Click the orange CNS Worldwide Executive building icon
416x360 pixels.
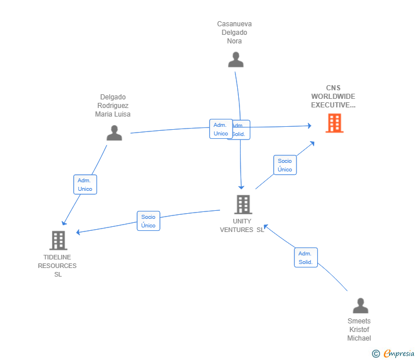click(x=334, y=123)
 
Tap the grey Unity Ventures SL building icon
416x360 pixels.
click(x=243, y=205)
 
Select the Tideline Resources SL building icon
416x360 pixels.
click(x=58, y=241)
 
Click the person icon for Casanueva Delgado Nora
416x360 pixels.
click(x=235, y=59)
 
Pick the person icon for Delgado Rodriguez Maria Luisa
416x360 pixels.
click(x=114, y=133)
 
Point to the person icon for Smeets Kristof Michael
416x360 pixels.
click(x=360, y=306)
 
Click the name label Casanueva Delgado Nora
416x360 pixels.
click(x=234, y=33)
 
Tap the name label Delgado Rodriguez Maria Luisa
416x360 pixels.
click(x=113, y=106)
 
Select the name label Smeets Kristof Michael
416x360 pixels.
click(x=359, y=330)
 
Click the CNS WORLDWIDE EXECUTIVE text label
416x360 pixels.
click(x=333, y=97)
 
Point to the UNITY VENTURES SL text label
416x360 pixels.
click(x=242, y=226)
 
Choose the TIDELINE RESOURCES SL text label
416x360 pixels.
click(x=57, y=266)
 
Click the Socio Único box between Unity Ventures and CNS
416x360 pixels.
click(x=285, y=165)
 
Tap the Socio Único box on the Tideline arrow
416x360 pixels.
click(x=149, y=221)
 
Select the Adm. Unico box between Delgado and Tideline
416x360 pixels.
click(x=85, y=185)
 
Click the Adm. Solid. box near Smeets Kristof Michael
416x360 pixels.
click(x=305, y=258)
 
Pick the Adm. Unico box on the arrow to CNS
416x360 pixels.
click(x=220, y=129)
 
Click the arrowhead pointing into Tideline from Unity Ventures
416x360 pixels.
click(x=79, y=232)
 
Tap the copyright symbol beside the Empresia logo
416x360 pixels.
click(x=376, y=354)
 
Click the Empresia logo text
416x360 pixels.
click(x=399, y=353)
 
